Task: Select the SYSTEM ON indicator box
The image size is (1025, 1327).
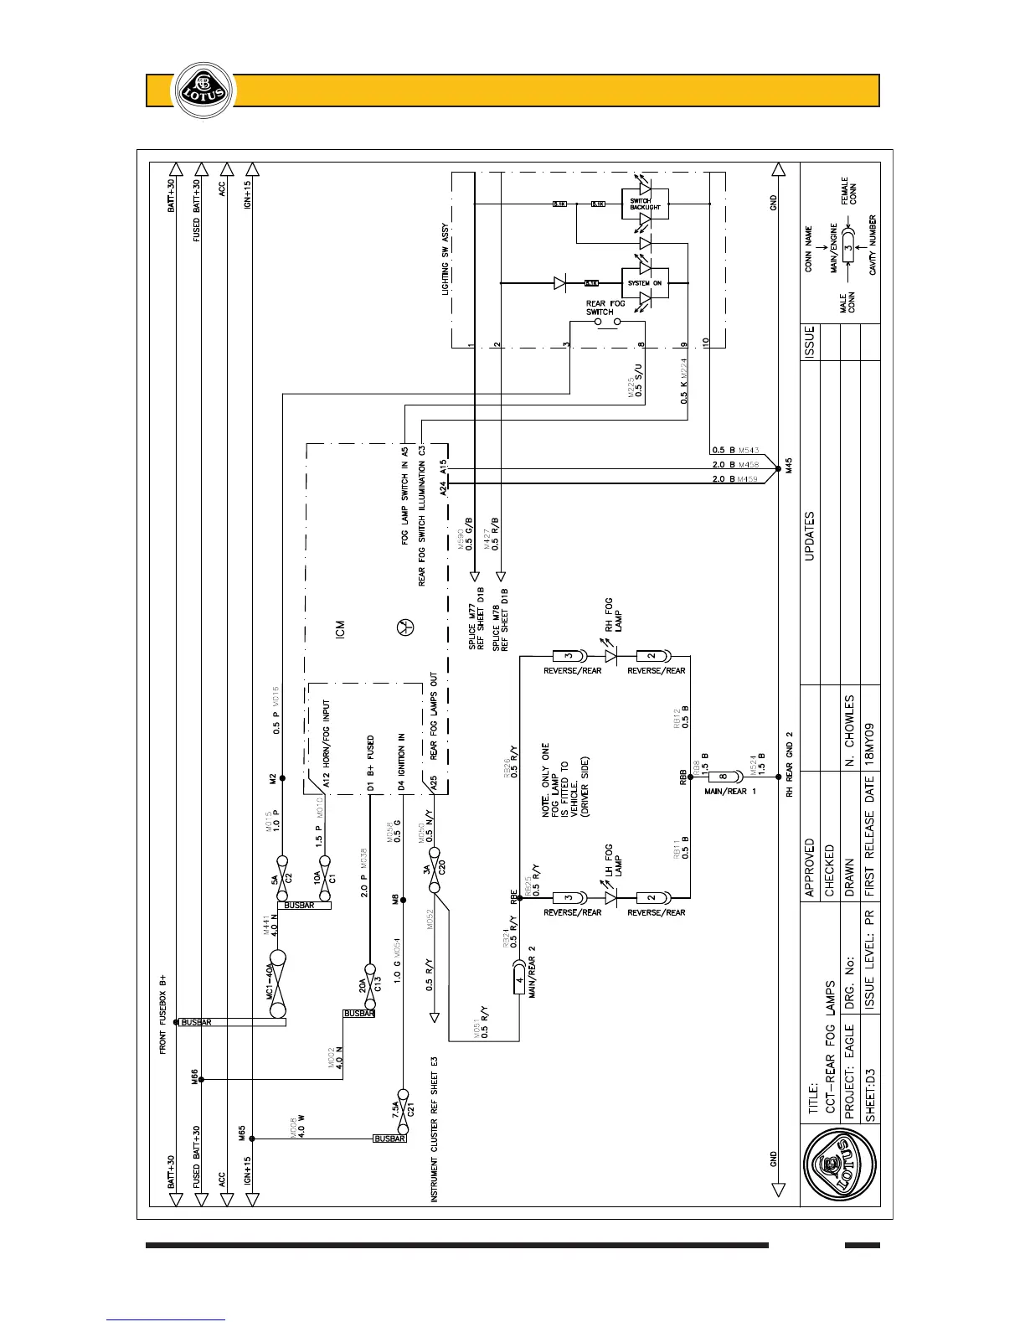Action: tap(645, 283)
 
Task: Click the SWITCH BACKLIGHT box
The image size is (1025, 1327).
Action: tap(645, 204)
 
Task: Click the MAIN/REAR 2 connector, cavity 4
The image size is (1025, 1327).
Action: tap(519, 980)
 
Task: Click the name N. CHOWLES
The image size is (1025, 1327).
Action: tap(849, 730)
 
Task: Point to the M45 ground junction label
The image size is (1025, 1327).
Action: tap(788, 465)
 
